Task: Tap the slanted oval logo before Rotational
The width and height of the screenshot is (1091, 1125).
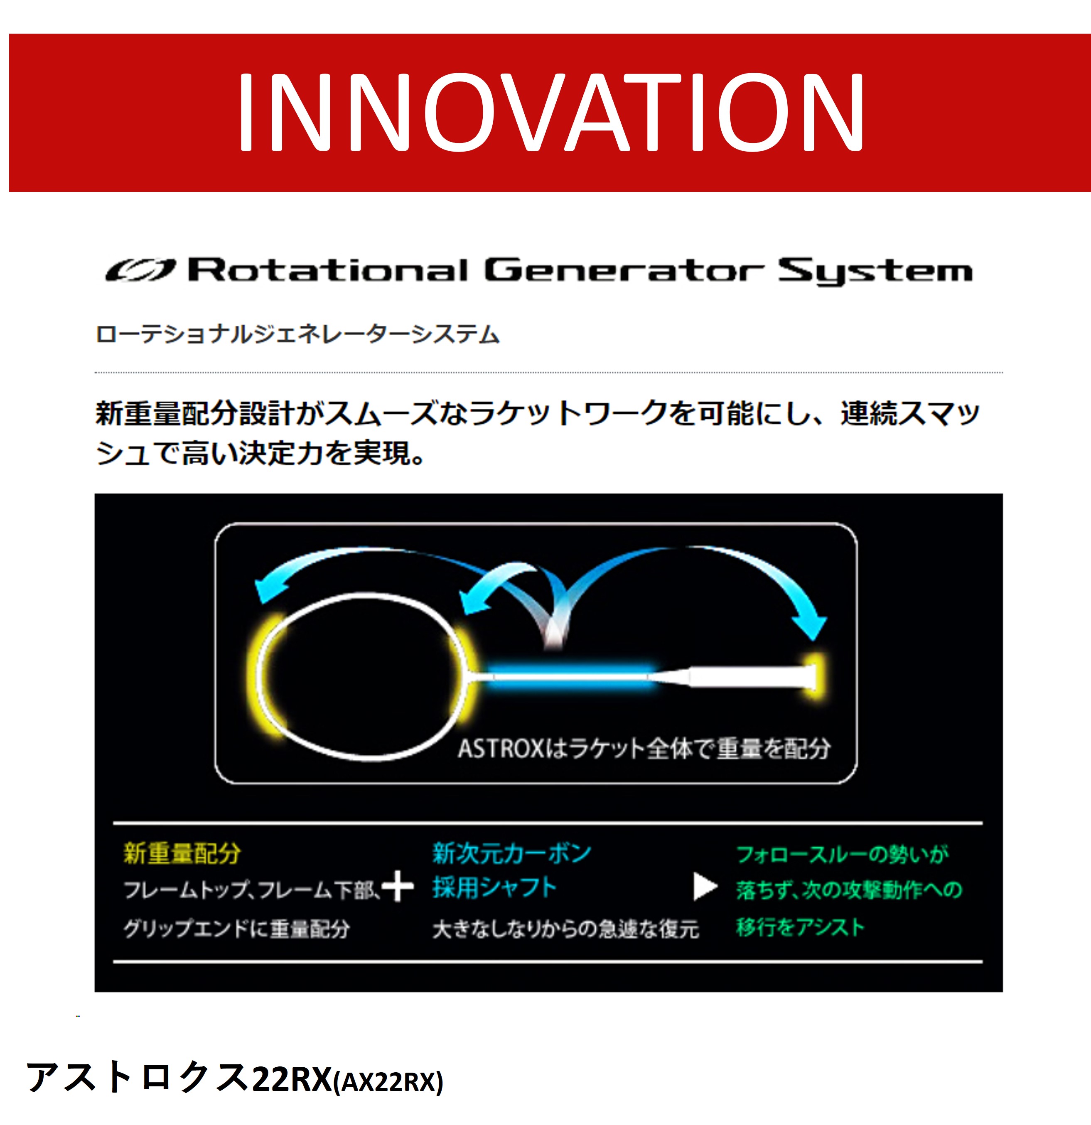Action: point(140,270)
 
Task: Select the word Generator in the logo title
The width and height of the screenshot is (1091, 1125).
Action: point(624,270)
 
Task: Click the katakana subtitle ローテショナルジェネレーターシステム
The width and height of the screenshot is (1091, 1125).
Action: point(297,334)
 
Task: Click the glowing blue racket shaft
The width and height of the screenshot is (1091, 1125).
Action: point(571,676)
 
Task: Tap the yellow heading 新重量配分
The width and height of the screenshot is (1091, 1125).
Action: point(182,853)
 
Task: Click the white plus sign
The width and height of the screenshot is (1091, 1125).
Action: point(398,887)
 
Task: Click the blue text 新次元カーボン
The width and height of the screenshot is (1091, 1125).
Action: point(511,853)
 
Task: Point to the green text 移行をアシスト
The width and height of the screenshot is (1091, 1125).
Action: point(800,927)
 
